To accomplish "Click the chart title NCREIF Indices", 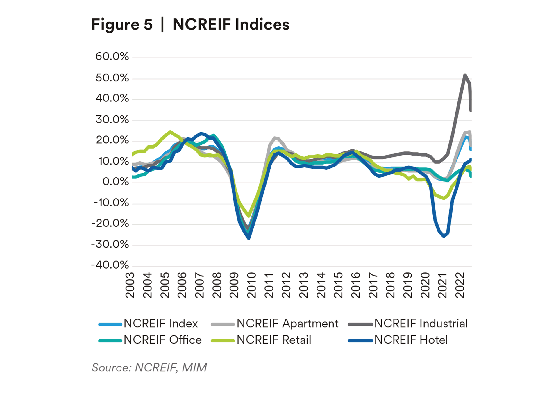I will pos(231,24).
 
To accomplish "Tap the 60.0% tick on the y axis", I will pos(112,56).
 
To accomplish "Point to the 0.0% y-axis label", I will pos(115,182).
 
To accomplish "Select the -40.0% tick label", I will pos(110,265).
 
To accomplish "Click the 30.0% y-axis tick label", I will pos(112,119).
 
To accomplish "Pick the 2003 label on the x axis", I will pos(130,285).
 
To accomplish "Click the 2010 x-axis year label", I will pos(251,285).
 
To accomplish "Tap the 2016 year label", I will pos(355,285).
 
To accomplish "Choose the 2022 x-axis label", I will pos(460,285).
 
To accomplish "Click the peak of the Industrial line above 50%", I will pos(465,75).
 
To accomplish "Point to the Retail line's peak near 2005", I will pos(170,132).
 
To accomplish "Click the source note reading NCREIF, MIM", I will pos(149,367).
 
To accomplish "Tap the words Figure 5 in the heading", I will pos(122,24).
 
